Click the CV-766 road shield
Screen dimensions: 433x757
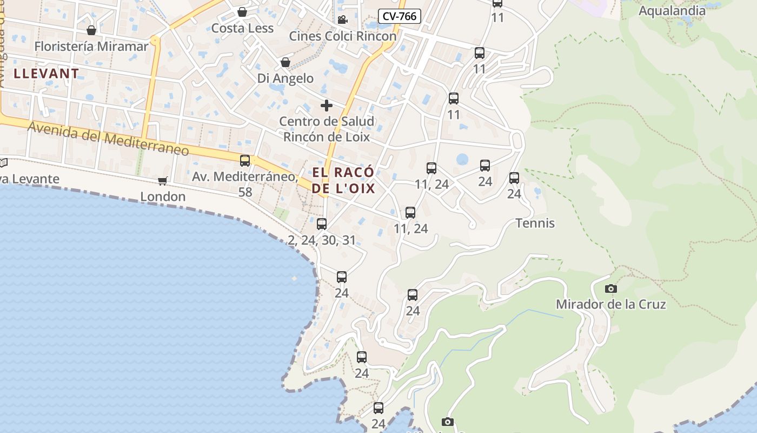coord(399,16)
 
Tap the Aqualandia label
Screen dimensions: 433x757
coord(672,11)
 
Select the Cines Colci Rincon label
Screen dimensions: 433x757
coord(343,36)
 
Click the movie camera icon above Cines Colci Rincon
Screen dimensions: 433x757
coord(342,20)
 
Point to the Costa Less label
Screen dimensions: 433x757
coord(242,28)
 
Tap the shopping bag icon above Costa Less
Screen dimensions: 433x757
coord(242,12)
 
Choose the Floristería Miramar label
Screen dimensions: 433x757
coord(91,47)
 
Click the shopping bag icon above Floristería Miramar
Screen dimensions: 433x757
coord(91,30)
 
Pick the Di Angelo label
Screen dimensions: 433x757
coord(285,78)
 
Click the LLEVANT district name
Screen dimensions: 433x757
coord(47,74)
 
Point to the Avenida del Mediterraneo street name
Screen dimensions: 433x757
coord(108,138)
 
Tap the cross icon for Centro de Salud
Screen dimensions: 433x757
coord(327,105)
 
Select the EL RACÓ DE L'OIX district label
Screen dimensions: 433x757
coord(343,181)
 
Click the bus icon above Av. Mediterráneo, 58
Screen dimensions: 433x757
coord(245,160)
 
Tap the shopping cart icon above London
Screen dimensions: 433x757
coord(162,181)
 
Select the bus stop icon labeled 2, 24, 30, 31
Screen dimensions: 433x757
coord(322,224)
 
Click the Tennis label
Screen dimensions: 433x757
coord(535,223)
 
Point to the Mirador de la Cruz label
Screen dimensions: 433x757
coord(611,304)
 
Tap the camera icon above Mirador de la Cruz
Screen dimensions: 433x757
coord(611,288)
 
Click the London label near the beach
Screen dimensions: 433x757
coord(163,196)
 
